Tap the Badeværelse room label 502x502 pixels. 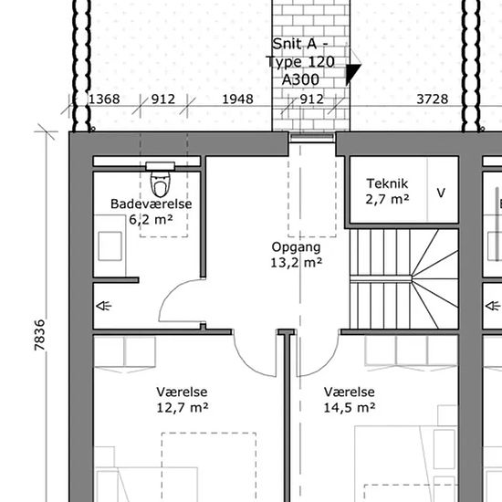pyautogui.click(x=152, y=204)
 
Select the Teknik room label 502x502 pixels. pyautogui.click(x=387, y=183)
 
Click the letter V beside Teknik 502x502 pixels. pyautogui.click(x=441, y=193)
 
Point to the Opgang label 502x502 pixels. pyautogui.click(x=296, y=247)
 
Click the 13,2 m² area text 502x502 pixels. pyautogui.click(x=296, y=263)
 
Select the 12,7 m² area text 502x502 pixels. pyautogui.click(x=183, y=408)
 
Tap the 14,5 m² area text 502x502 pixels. pyautogui.click(x=349, y=408)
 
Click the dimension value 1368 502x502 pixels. pyautogui.click(x=104, y=99)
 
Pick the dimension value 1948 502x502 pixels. pyautogui.click(x=237, y=99)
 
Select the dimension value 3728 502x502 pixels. pyautogui.click(x=433, y=99)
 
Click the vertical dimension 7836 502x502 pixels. pyautogui.click(x=39, y=335)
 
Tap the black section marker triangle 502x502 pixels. pyautogui.click(x=351, y=73)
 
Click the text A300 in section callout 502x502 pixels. pyautogui.click(x=300, y=79)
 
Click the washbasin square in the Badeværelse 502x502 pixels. pyautogui.click(x=110, y=246)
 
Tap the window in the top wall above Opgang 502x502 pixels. pyautogui.click(x=312, y=138)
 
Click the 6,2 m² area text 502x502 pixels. pyautogui.click(x=151, y=220)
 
